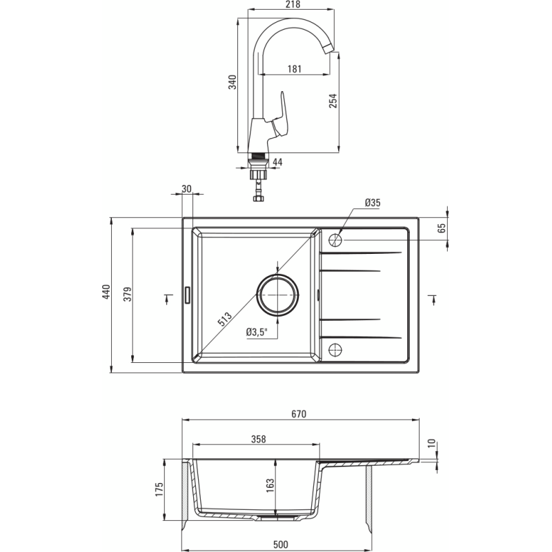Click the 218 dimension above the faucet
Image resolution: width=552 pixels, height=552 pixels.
293,5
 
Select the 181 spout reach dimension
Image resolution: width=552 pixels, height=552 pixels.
295,69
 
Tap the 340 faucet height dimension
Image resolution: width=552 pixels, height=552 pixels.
233,82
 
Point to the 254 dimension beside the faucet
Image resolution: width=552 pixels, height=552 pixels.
333,101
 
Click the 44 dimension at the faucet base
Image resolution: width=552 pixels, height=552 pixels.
277,162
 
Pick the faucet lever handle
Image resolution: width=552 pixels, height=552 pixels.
281,115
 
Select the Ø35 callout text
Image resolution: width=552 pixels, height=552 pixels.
373,203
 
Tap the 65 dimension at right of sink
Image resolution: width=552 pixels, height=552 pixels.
442,228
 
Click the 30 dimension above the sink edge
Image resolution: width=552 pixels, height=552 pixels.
186,189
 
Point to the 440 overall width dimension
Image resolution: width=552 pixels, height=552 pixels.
106,292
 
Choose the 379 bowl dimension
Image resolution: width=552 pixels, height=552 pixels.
128,294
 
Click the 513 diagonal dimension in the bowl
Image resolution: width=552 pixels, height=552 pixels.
225,319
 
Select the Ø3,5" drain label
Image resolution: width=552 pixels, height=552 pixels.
257,332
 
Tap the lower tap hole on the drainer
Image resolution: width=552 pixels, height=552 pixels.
335,350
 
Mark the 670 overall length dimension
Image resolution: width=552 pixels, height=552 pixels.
299,415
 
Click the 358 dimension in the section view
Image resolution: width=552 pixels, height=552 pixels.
258,440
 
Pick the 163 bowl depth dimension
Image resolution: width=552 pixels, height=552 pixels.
270,486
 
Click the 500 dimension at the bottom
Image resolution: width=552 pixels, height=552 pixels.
281,545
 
